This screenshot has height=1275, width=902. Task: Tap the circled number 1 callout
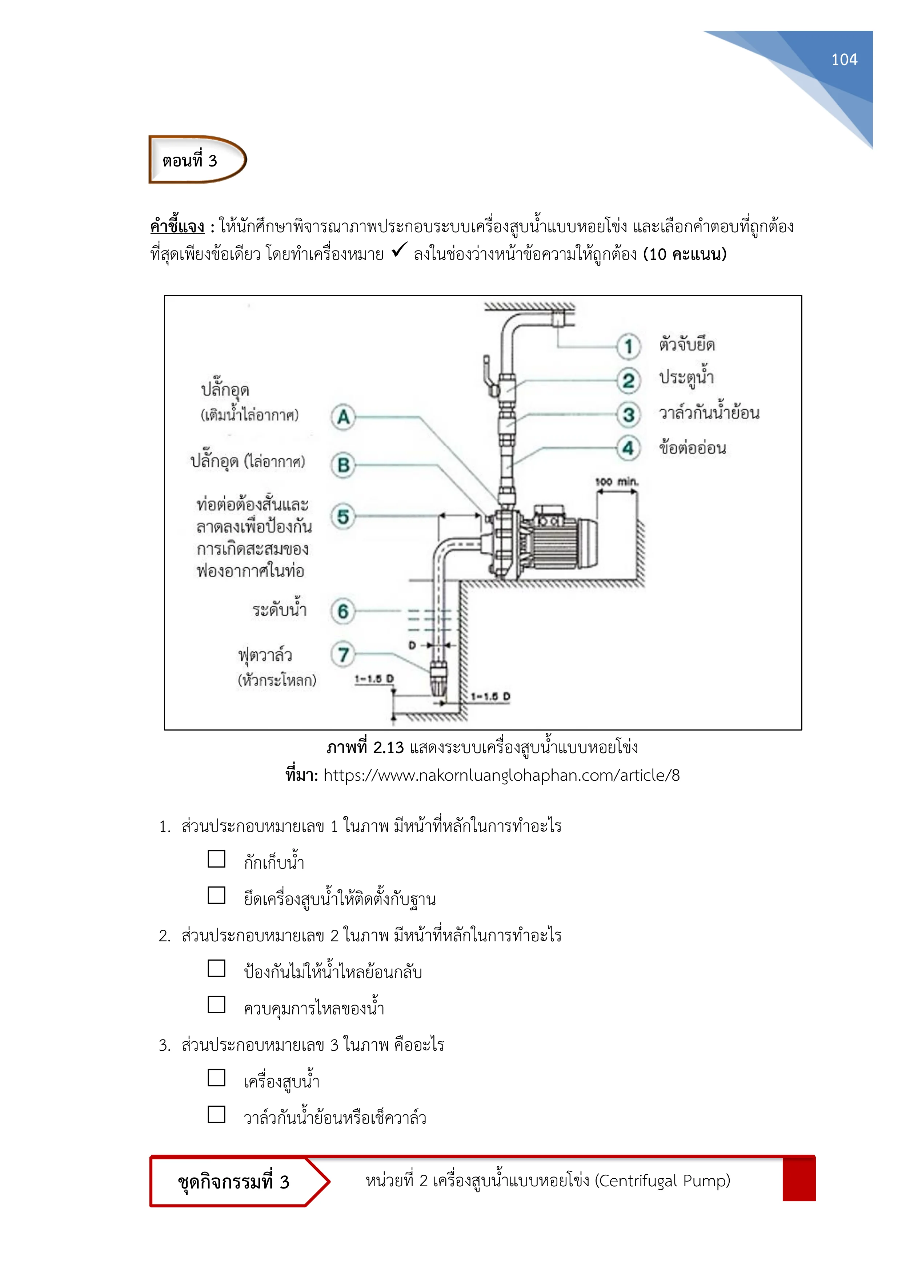click(628, 346)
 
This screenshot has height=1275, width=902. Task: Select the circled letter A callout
click(343, 417)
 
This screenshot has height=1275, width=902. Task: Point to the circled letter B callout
click(343, 465)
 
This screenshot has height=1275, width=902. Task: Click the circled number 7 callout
click(343, 654)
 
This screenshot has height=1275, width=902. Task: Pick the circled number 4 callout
click(628, 447)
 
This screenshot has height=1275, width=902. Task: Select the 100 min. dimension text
click(617, 482)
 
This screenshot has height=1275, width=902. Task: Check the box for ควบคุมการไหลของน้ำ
click(216, 1005)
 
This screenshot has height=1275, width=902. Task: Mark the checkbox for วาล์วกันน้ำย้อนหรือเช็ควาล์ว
click(216, 1114)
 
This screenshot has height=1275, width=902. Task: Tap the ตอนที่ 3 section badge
click(197, 160)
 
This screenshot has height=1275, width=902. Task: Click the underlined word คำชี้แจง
click(177, 226)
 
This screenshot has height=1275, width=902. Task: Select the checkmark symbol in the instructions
click(399, 250)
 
